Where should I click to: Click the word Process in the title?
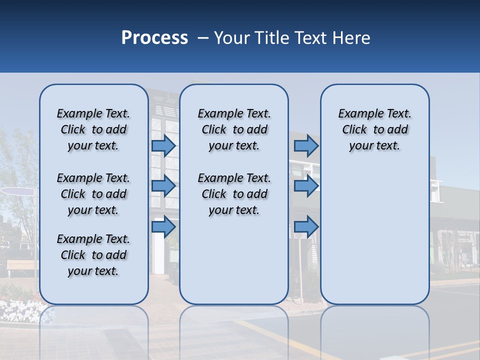(x=154, y=38)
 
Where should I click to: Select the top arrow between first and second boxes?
(x=163, y=145)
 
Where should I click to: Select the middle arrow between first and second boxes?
(x=163, y=186)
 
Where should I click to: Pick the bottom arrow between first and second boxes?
(x=163, y=226)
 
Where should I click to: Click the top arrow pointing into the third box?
(x=306, y=145)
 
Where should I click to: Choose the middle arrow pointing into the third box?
(x=306, y=186)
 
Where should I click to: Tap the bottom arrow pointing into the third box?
(x=306, y=226)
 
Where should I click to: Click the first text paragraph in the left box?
(x=93, y=129)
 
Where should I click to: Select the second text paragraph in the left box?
(x=93, y=194)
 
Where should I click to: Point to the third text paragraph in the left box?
(x=93, y=255)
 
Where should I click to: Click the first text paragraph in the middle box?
(x=234, y=129)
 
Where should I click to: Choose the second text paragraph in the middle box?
(x=234, y=194)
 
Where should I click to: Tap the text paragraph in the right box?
(x=375, y=129)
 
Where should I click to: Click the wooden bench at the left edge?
(x=22, y=265)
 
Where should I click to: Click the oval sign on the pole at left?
(x=17, y=190)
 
